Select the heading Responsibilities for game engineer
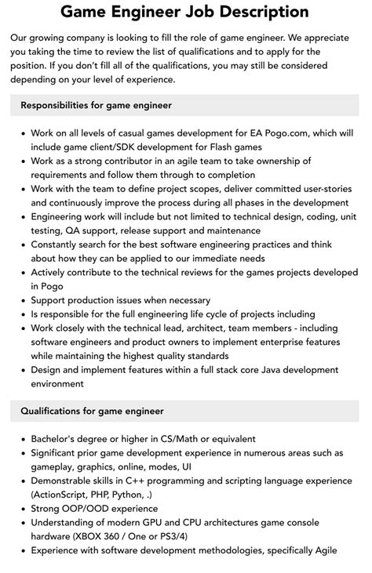tap(97, 104)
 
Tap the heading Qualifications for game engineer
tap(92, 410)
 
